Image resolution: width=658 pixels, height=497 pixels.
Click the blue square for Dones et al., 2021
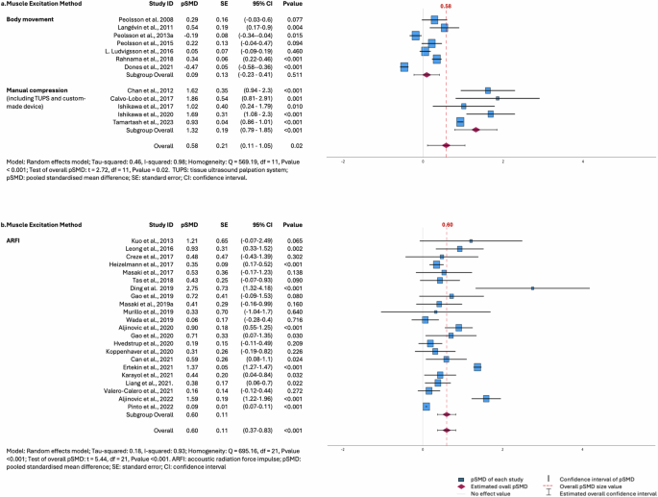click(403, 66)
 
